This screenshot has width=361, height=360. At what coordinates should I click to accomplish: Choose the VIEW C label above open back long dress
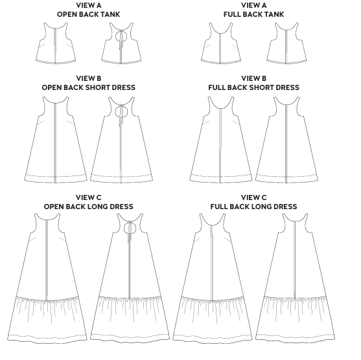[89, 197]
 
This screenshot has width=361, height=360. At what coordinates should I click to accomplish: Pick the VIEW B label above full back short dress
[253, 78]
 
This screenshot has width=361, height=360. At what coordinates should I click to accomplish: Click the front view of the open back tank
[56, 43]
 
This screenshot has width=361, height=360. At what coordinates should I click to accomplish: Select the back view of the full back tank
[286, 43]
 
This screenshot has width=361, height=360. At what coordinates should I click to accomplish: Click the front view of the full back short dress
[221, 140]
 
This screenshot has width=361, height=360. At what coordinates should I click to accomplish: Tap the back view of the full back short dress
[287, 140]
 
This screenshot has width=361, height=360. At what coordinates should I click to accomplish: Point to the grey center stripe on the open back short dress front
[55, 142]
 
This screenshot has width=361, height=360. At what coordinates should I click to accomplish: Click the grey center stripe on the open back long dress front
[47, 260]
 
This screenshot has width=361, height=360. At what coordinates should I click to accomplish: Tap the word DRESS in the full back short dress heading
[288, 87]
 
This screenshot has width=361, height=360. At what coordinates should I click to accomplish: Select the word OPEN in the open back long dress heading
[54, 207]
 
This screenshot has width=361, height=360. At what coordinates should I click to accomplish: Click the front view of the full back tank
[221, 43]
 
